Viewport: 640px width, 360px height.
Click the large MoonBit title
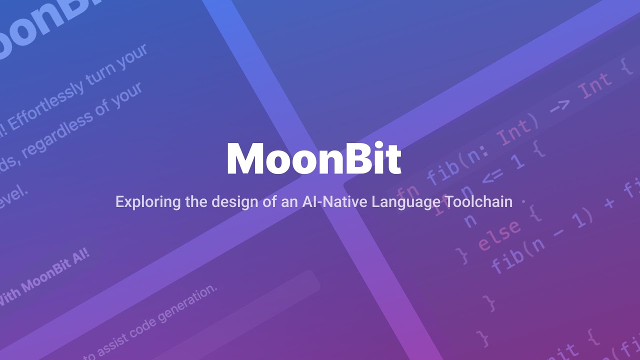pyautogui.click(x=313, y=159)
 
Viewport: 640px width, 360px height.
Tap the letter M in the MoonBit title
pyautogui.click(x=245, y=159)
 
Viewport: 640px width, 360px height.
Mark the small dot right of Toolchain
pyautogui.click(x=523, y=202)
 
